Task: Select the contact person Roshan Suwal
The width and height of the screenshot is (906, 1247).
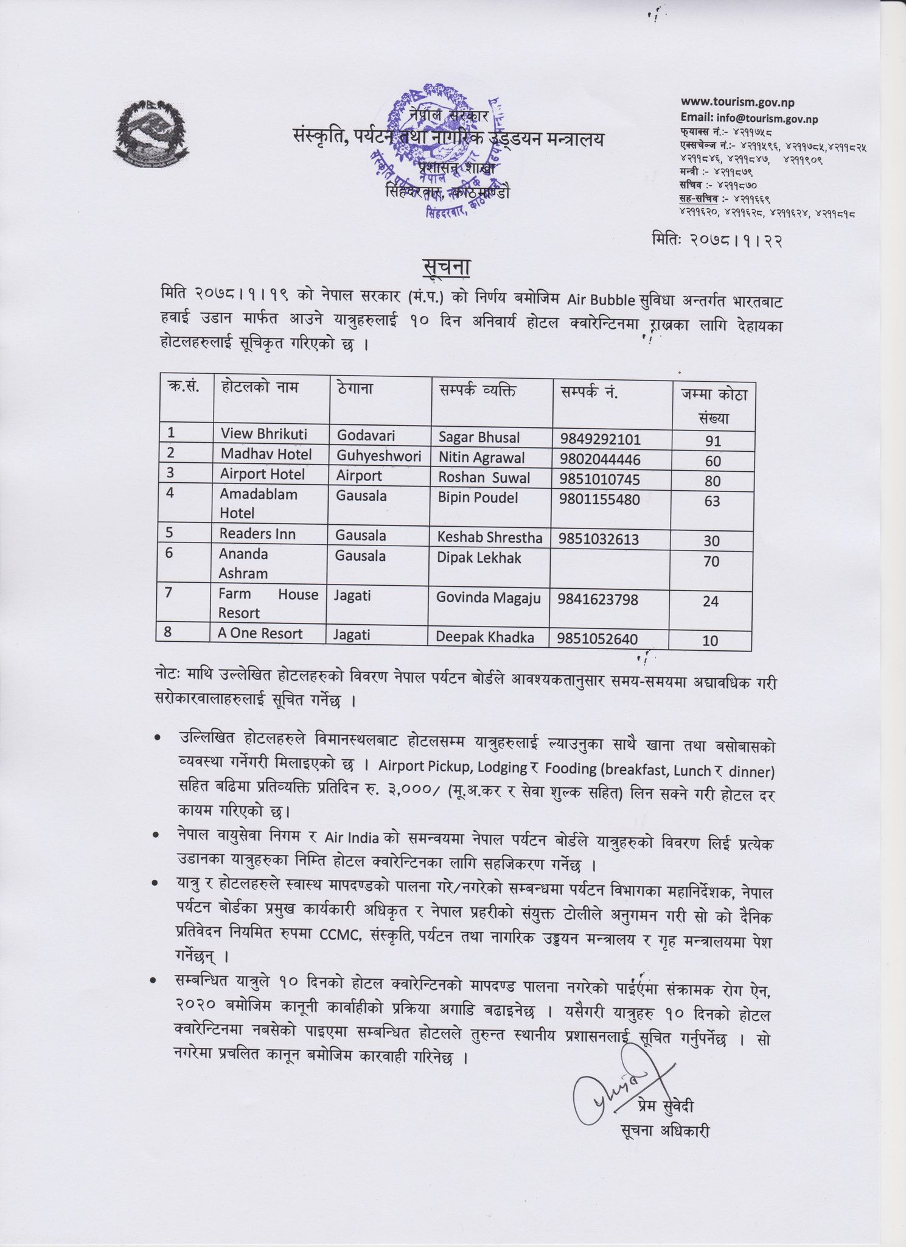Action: pyautogui.click(x=484, y=478)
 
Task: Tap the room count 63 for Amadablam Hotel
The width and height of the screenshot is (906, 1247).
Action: pyautogui.click(x=711, y=501)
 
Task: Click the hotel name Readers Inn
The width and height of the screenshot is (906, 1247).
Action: pyautogui.click(x=257, y=534)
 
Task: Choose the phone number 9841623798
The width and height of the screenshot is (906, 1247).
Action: pyautogui.click(x=598, y=600)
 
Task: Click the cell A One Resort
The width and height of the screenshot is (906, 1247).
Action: pyautogui.click(x=260, y=634)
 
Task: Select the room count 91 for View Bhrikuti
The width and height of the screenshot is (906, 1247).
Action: pyautogui.click(x=711, y=440)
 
